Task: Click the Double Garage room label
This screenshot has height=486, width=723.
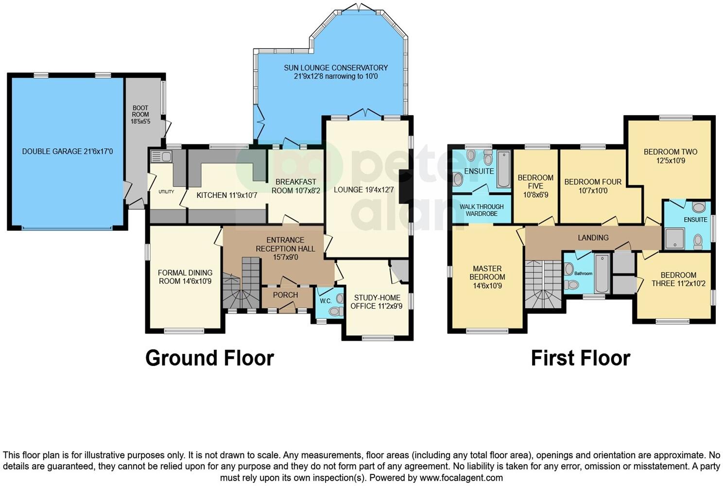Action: pos(67,152)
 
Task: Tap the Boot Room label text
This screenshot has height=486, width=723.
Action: pos(140,115)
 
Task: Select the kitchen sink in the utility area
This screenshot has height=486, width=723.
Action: pos(161,156)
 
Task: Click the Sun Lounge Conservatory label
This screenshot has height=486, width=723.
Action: pos(336,72)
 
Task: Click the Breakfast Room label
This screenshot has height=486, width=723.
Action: pos(295,186)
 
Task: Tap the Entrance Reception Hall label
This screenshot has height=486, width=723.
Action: pos(285,248)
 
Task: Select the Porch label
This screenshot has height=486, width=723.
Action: pos(285,295)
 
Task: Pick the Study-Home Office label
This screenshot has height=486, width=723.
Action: pos(377,302)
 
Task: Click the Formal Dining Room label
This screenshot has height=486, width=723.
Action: pos(185,277)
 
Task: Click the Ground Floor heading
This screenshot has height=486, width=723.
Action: pos(209,358)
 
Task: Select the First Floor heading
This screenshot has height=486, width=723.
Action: pos(580,358)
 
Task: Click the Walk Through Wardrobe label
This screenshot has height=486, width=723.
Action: pos(482,210)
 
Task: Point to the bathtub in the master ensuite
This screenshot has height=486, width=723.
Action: pos(503,170)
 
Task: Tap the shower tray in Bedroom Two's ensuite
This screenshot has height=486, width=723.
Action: pos(674,239)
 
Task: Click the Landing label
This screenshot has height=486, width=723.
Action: pos(593,238)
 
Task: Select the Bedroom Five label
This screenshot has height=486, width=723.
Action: pos(535,186)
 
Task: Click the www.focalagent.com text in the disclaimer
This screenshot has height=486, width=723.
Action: pos(461,478)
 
